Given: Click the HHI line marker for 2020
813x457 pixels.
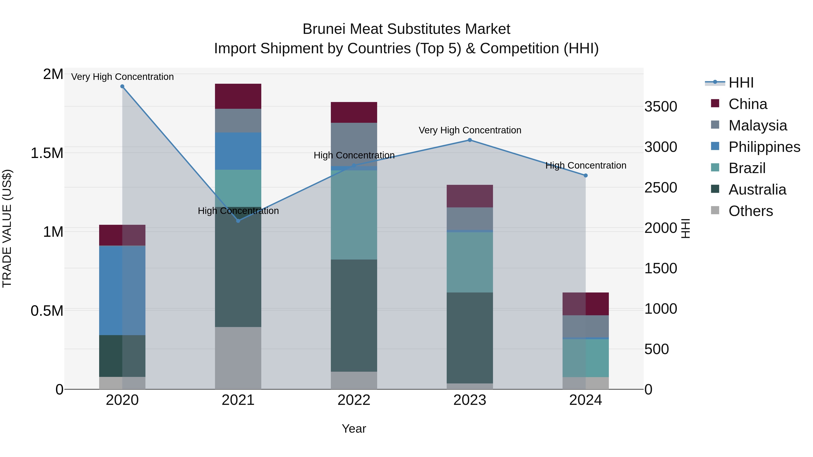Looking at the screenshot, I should click(122, 86).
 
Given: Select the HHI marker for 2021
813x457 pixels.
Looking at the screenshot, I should click(238, 221).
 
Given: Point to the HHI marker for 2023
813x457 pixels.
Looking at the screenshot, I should click(470, 140).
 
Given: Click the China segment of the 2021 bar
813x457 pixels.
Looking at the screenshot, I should click(238, 96).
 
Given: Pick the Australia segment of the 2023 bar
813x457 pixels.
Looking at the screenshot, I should click(470, 337).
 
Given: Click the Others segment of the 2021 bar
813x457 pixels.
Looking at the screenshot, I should click(238, 358).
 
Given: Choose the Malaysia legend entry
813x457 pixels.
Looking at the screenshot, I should click(757, 125).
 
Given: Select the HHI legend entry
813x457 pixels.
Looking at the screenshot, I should click(741, 83).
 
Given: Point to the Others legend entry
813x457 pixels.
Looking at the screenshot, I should click(750, 211).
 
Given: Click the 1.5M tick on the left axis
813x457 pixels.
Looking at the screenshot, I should click(47, 153).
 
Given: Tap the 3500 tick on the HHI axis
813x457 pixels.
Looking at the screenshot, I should click(661, 107).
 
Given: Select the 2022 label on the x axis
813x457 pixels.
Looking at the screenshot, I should click(354, 400).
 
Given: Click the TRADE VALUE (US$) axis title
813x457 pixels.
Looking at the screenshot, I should click(7, 228).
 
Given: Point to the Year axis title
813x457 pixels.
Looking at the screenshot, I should click(354, 429).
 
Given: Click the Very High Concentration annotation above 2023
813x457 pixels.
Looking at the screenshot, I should click(470, 130).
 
